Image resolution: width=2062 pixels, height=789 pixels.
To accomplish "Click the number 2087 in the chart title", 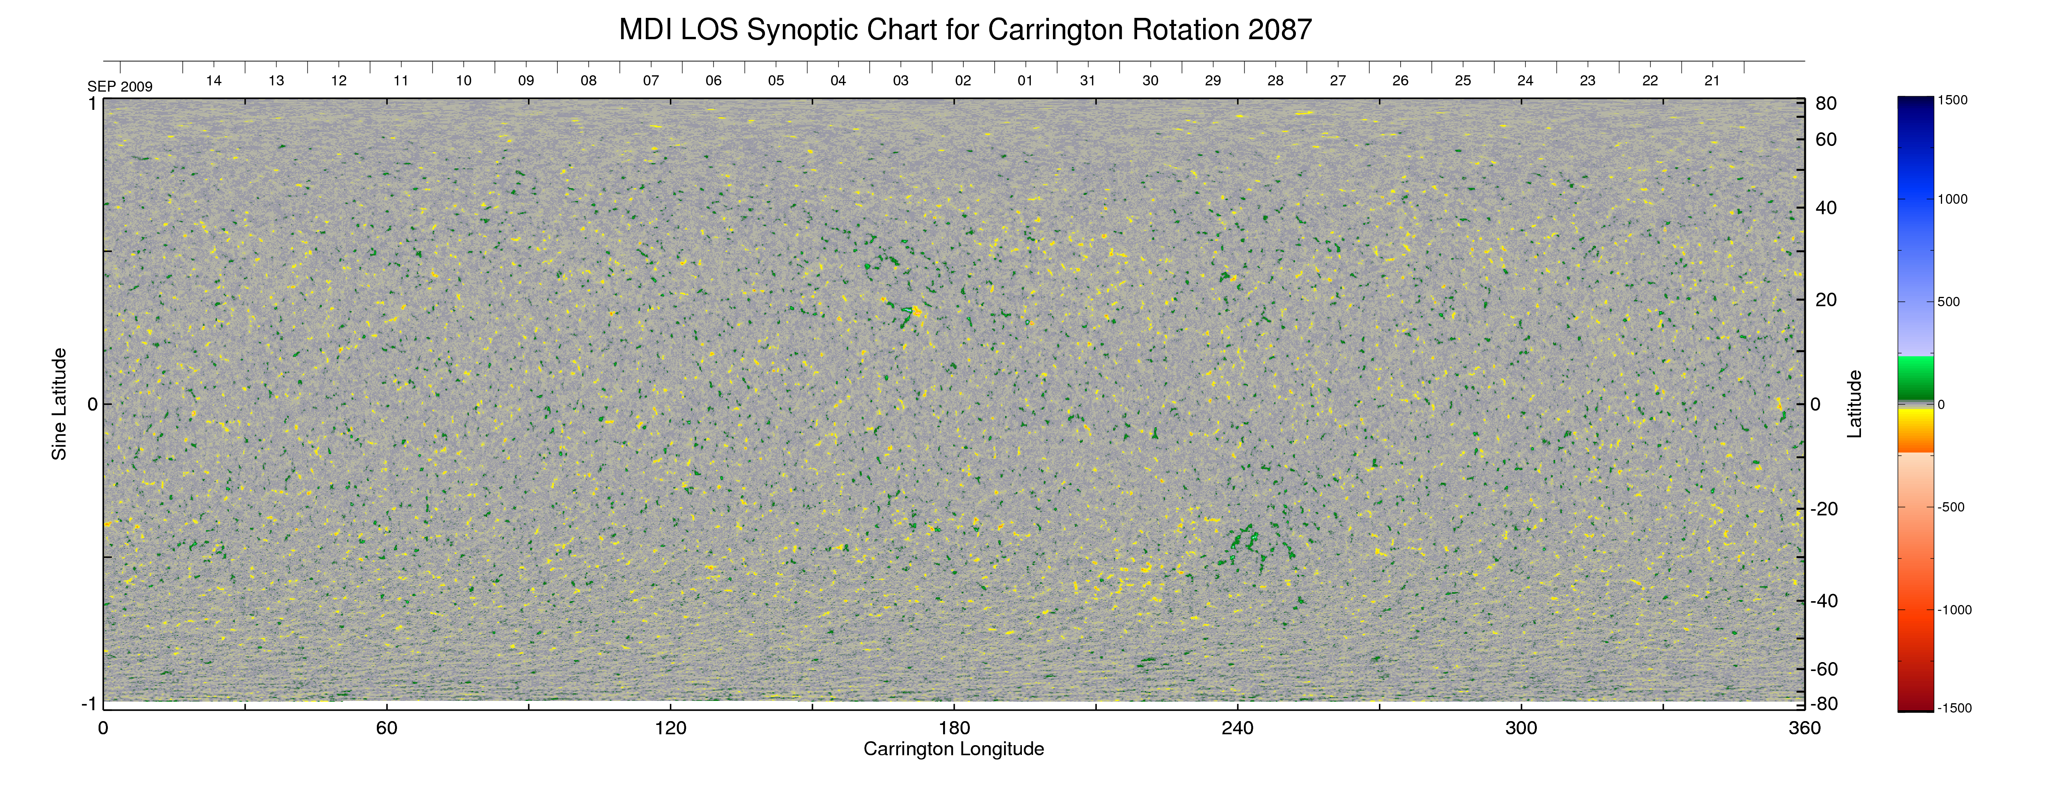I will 1279,30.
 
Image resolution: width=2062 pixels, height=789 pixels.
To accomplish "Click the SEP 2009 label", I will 120,87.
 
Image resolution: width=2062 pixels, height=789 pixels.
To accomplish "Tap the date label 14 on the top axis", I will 214,81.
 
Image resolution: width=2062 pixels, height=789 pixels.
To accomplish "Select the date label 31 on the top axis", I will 1088,81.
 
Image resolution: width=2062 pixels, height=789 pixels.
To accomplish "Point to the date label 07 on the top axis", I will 651,81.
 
